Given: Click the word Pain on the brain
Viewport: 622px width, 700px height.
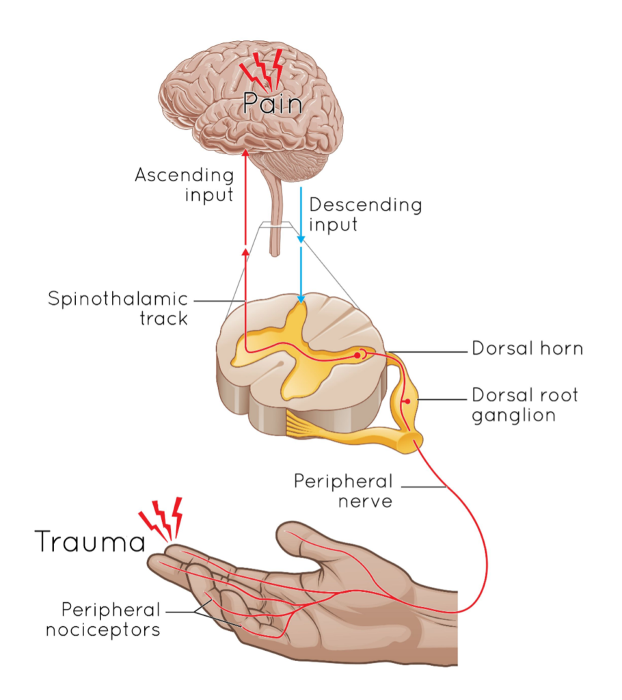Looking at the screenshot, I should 273,105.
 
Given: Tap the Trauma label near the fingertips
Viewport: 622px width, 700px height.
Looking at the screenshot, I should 90,541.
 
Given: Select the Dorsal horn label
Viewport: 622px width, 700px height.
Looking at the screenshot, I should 528,348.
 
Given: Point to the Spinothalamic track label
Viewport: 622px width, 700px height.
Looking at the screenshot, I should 118,308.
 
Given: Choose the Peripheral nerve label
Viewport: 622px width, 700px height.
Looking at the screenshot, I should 344,491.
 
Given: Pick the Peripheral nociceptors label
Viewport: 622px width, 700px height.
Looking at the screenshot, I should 103,619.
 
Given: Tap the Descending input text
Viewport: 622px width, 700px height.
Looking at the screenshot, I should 366,215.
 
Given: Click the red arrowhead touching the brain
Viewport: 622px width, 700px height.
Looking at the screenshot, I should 245,150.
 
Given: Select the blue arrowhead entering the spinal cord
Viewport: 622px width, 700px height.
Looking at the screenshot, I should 301,299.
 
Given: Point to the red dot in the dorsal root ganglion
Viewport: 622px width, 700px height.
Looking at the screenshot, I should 407,401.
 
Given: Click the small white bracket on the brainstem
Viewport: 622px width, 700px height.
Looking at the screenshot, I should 275,224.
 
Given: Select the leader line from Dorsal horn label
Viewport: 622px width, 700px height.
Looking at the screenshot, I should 427,353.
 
